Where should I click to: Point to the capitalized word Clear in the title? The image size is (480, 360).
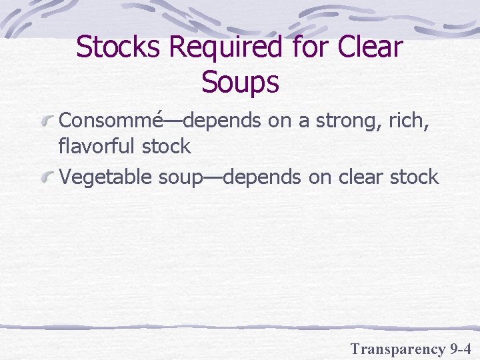pos(371,48)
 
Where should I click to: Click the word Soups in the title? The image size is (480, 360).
pos(239,83)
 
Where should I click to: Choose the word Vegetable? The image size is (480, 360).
pos(107,177)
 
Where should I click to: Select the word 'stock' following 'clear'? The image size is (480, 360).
pos(417,177)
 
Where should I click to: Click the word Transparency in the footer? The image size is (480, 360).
pos(397,348)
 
